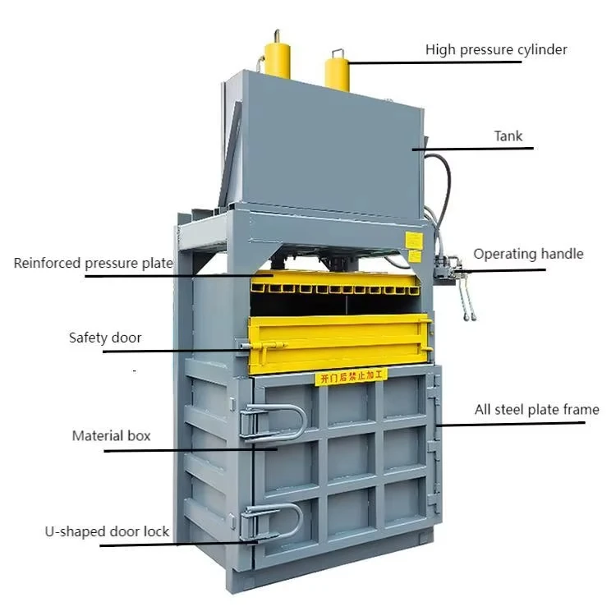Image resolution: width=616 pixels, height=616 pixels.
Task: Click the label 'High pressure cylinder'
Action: pyautogui.click(x=496, y=50)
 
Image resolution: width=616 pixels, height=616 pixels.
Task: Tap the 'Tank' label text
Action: pyautogui.click(x=508, y=136)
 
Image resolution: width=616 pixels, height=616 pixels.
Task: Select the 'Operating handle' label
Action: pyautogui.click(x=528, y=254)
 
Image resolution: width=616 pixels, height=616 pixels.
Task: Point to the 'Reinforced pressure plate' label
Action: pyautogui.click(x=93, y=264)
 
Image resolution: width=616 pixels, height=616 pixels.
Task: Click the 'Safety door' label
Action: pyautogui.click(x=105, y=338)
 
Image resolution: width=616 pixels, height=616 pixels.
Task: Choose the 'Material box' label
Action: pyautogui.click(x=111, y=435)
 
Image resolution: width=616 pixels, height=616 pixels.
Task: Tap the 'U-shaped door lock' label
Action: pyautogui.click(x=107, y=531)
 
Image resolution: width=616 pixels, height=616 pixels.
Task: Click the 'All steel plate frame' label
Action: pyautogui.click(x=536, y=409)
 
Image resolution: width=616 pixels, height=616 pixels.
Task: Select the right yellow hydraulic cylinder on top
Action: pyautogui.click(x=337, y=70)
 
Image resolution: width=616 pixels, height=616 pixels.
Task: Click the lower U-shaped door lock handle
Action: pyautogui.click(x=272, y=521)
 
